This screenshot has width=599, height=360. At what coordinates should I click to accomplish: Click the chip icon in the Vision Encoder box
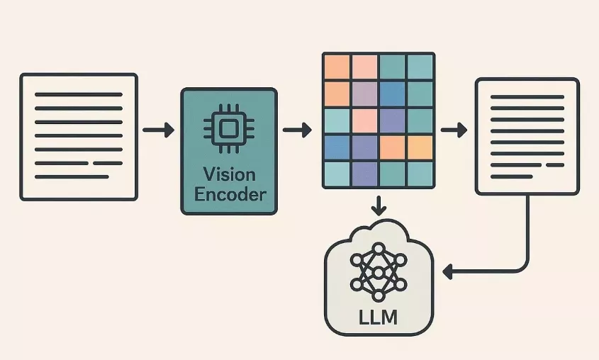coord(228,129)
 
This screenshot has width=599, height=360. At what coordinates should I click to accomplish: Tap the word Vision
coord(229,174)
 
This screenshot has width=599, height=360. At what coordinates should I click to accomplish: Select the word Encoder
coord(229,194)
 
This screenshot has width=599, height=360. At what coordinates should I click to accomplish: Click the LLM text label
coord(379,316)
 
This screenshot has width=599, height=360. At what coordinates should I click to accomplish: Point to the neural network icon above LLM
coord(379,271)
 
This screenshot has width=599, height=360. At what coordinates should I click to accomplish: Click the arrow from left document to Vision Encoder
coord(158,130)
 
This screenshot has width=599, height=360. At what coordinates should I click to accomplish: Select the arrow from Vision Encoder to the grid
coord(297,130)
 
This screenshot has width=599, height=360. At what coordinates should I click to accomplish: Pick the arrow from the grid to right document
coord(454,130)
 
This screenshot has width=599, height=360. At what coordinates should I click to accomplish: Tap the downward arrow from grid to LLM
coord(379,206)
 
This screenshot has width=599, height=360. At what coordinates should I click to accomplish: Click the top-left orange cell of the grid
coord(337,67)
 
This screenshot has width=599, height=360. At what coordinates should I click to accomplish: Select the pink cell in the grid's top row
coord(364,67)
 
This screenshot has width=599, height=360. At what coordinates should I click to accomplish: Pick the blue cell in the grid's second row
coord(392,94)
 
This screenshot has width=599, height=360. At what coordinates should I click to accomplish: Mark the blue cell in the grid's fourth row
coord(337,147)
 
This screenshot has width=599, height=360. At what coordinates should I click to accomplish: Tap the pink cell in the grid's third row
coord(364,120)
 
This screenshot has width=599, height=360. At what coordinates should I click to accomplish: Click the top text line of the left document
coord(78,94)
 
